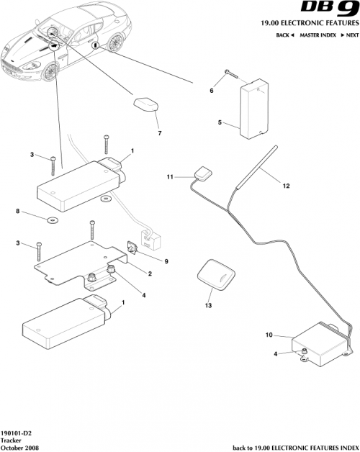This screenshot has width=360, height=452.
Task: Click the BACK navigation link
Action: pos(285,35)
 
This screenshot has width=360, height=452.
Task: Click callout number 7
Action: pos(159,133)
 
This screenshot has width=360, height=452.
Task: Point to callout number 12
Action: pos(286,186)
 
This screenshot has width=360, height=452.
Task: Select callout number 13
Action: pos(209,305)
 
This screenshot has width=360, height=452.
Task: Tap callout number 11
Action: pos(170,176)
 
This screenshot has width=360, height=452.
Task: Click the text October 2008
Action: pos(19,447)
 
